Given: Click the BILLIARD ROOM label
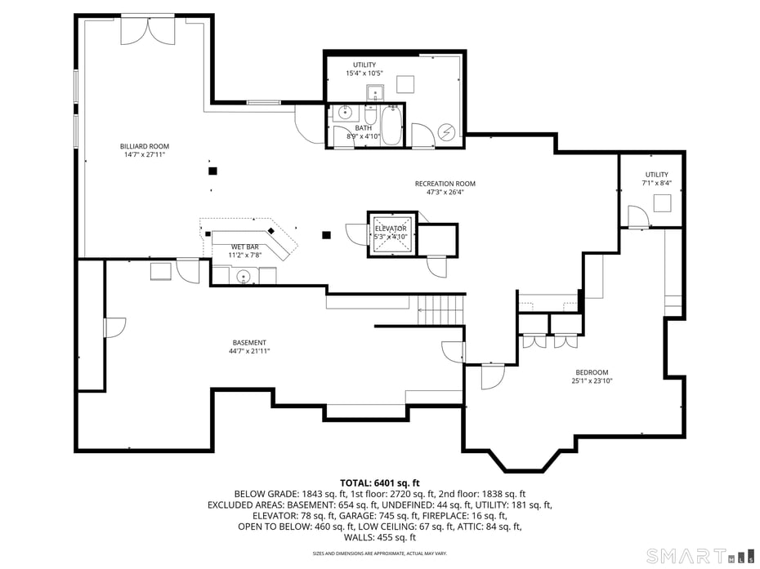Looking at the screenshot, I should coord(145,146).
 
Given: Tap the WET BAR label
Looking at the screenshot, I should coord(244,247).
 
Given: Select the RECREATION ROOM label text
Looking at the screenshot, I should coord(445,184).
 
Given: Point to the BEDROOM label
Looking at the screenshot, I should coord(591,372).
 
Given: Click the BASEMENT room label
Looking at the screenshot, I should coord(248,342).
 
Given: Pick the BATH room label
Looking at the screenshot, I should coord(363,128).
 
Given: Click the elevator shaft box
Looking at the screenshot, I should coord(391,233).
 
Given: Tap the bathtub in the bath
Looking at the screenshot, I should coord(391,127).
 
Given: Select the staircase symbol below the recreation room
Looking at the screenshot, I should coord(440,309).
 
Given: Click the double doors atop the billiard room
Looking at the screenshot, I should coord(147,30).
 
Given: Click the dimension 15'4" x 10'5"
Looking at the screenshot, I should coord(364,73).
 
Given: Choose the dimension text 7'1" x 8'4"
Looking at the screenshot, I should coord(656,183).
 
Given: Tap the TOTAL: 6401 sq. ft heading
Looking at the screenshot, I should coord(379,483).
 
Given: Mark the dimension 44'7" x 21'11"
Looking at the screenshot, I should coord(248,351).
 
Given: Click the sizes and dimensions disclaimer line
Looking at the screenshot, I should coord(379,553).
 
